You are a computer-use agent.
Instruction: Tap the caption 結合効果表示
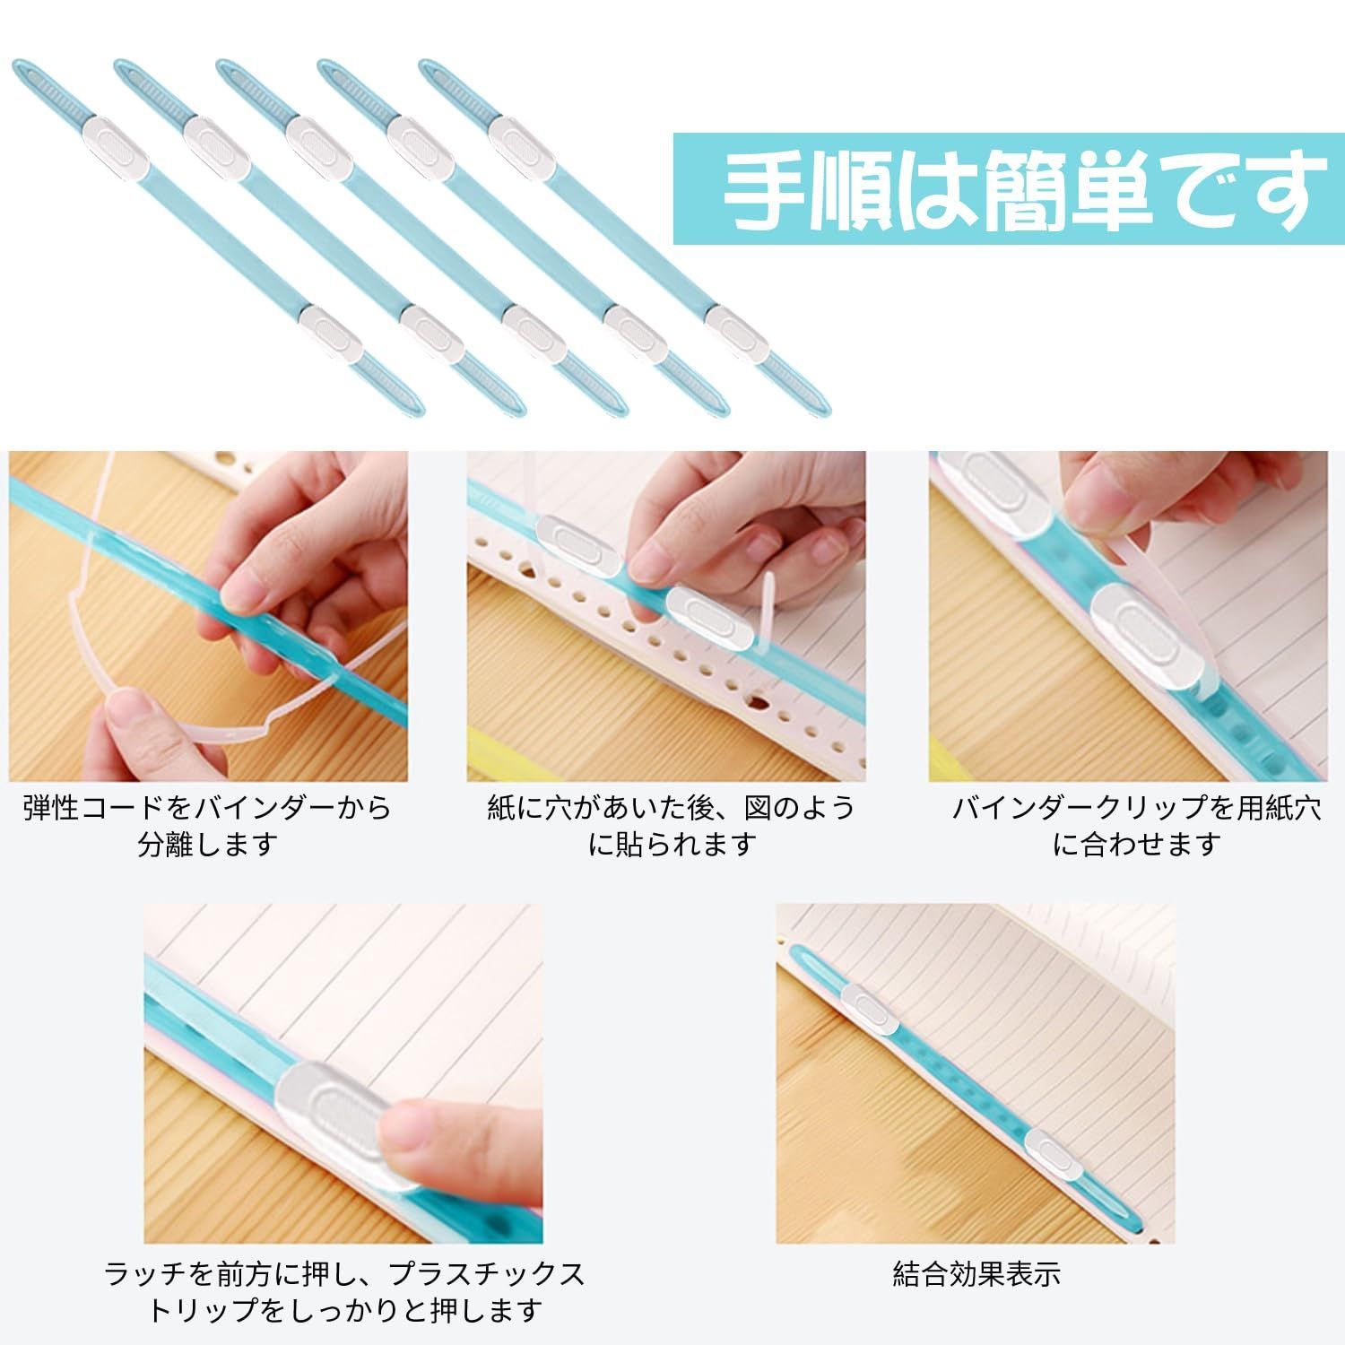pos(976,1273)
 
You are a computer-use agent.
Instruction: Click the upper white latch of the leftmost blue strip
pos(120,143)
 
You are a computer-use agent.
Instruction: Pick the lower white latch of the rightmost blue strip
pos(736,333)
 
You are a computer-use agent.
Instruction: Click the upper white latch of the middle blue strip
pos(321,144)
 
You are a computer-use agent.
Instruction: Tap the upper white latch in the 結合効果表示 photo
pos(867,1008)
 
